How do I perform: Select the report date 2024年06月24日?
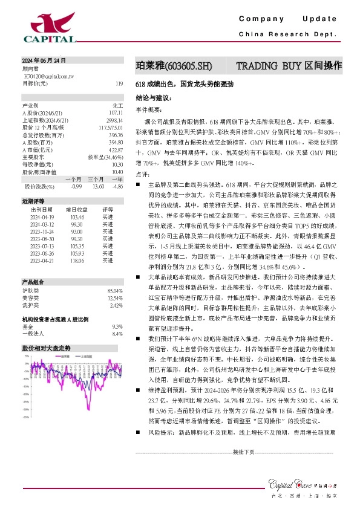(44, 61)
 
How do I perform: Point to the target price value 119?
(119, 83)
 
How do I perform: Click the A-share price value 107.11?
(116, 112)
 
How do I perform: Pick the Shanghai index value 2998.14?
(114, 120)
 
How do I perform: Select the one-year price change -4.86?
(117, 186)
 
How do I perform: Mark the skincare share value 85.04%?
(114, 308)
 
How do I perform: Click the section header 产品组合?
(34, 299)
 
